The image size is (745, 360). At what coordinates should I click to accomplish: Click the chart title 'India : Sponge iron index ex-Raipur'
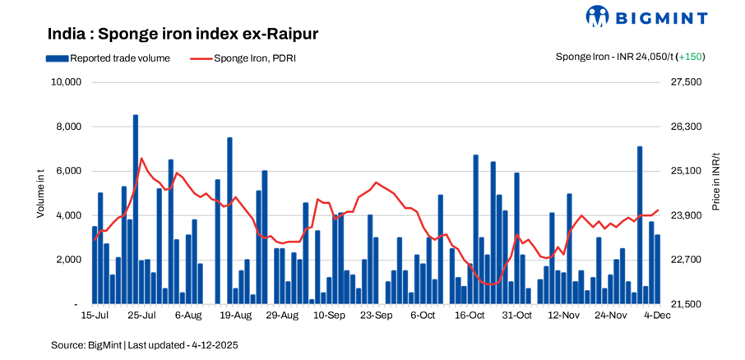pos(183,34)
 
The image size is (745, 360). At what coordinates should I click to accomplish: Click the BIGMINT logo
pos(646,16)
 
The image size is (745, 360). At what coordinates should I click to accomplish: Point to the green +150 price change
pos(691,57)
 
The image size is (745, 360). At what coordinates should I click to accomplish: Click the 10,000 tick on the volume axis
pos(65,82)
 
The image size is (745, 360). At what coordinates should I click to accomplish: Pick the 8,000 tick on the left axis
pos(67,127)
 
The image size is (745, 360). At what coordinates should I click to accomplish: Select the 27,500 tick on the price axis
pos(687,82)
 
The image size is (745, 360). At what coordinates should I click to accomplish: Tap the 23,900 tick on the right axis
pos(687,215)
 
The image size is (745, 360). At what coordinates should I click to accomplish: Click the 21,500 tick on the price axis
pos(687,304)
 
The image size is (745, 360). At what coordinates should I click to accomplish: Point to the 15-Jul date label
pos(95,315)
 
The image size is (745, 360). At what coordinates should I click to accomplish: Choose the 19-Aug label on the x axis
pos(236,315)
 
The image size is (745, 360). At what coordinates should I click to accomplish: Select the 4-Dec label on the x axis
pos(656,315)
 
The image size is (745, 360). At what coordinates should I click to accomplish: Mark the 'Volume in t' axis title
pos(40,193)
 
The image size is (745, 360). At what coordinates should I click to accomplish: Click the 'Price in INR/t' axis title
pos(715,182)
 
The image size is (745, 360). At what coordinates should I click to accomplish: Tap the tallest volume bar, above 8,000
pos(136,210)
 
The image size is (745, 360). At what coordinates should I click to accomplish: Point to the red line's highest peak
pos(141,158)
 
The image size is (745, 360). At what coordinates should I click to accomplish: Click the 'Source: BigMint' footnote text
pos(144,345)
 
